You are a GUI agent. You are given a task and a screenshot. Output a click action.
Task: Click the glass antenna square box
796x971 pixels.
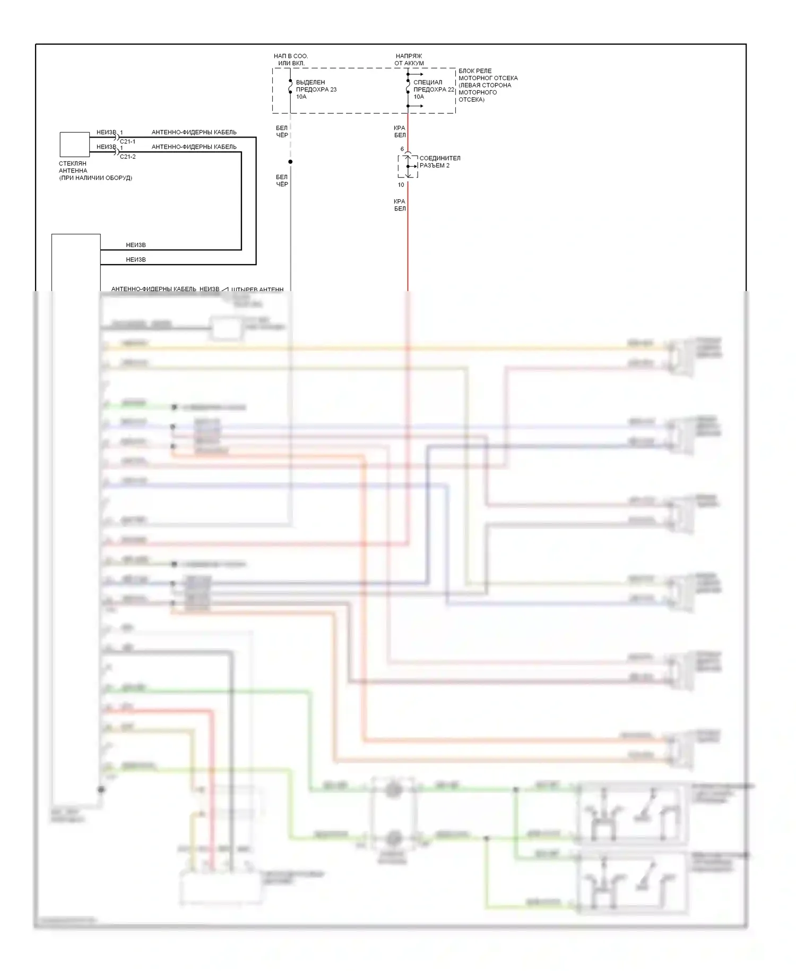click(74, 144)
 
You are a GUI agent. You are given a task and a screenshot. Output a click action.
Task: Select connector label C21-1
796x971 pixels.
click(127, 142)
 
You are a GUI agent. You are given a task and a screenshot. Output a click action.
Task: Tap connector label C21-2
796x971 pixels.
click(127, 157)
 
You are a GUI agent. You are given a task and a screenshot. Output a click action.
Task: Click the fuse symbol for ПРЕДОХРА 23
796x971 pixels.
click(290, 86)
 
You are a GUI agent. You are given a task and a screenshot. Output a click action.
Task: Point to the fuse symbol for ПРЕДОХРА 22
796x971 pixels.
click(408, 86)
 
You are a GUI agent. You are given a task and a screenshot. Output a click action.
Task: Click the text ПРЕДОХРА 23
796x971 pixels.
click(316, 89)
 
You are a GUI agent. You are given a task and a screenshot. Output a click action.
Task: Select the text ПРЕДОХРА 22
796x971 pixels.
click(434, 89)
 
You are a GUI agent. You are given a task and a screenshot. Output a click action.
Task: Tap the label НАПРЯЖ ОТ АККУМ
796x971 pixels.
click(409, 59)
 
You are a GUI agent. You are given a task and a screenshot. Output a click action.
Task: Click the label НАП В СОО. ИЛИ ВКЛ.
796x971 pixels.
click(291, 59)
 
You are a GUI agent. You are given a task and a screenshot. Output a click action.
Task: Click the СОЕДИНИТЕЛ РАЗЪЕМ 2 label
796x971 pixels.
click(439, 161)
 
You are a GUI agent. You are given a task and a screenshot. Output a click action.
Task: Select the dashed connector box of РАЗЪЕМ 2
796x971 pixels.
click(408, 166)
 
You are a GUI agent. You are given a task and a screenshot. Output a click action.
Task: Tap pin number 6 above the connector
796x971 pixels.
click(402, 149)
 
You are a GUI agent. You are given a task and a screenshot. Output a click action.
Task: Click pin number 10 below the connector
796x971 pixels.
click(401, 185)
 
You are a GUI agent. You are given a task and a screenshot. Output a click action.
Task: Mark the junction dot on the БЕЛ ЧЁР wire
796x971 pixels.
click(290, 161)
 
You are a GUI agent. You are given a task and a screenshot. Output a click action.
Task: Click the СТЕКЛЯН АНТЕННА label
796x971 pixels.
click(73, 167)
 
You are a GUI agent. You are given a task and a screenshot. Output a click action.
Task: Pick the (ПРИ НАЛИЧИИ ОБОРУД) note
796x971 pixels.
click(96, 178)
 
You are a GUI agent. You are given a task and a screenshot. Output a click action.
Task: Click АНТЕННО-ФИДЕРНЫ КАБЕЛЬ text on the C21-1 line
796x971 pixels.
click(194, 132)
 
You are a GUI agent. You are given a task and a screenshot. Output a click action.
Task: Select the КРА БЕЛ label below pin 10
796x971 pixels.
click(400, 205)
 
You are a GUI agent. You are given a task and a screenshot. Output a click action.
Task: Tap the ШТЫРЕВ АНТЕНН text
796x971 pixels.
click(257, 289)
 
